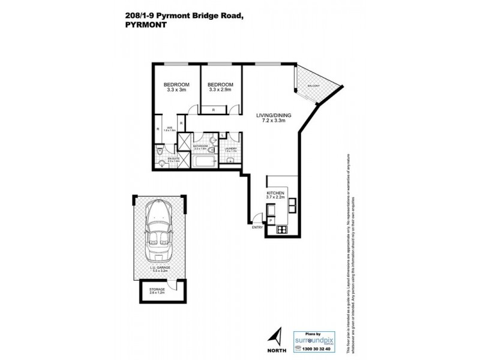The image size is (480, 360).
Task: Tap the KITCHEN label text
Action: (275, 193)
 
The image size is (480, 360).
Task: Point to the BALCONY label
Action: (313, 86)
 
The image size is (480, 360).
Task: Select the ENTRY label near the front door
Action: (257, 227)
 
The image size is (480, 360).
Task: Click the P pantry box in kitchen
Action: (271, 221)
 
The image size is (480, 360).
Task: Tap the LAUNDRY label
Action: (231, 148)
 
